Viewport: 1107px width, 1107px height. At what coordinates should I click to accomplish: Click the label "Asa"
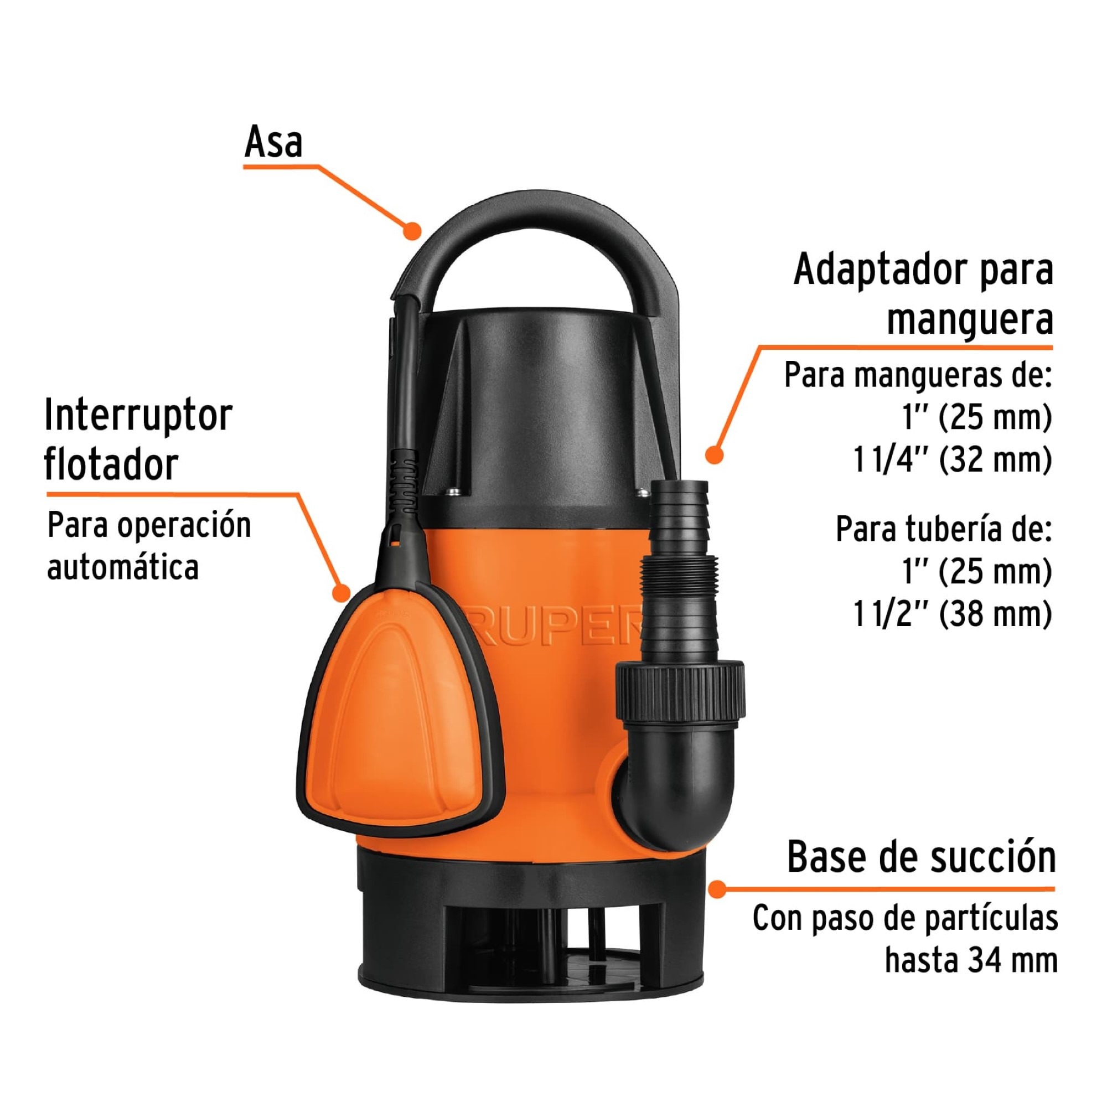pyautogui.click(x=273, y=142)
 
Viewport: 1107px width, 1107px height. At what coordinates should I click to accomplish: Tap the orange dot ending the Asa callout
pyautogui.click(x=412, y=230)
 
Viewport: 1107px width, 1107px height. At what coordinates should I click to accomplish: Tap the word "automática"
pyautogui.click(x=123, y=567)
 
